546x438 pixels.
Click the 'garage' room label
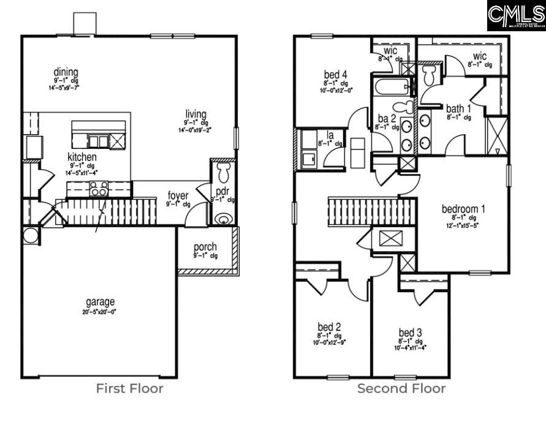[x=100, y=302]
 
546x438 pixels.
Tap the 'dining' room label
[x=66, y=72]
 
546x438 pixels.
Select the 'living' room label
[x=196, y=115]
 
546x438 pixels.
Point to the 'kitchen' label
[x=82, y=157]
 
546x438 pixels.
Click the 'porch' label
[x=205, y=247]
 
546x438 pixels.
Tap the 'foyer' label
[x=178, y=196]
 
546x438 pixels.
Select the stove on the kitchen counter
[x=99, y=188]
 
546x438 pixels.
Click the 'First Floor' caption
[x=129, y=388]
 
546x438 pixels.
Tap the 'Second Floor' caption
[x=401, y=388]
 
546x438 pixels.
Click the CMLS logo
[x=516, y=16]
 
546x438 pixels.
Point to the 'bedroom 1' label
[x=463, y=209]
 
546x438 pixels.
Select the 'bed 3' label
[x=410, y=333]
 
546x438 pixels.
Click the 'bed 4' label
[x=335, y=75]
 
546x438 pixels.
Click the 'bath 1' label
[x=459, y=108]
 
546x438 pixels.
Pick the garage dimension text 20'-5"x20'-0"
[x=100, y=311]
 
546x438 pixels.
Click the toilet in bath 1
[x=429, y=75]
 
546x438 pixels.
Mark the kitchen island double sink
[x=98, y=141]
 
